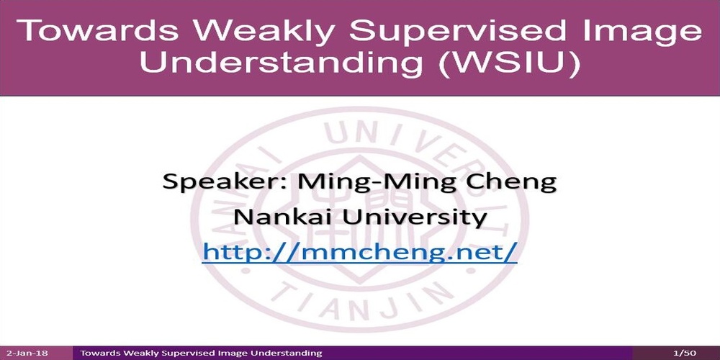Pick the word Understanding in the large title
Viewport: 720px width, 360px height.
pos(281,63)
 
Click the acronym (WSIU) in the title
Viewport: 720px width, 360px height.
pos(508,63)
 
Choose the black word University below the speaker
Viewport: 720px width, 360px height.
pos(415,217)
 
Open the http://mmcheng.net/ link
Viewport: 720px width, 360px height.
pos(359,252)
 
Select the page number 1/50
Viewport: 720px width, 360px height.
pos(684,353)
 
